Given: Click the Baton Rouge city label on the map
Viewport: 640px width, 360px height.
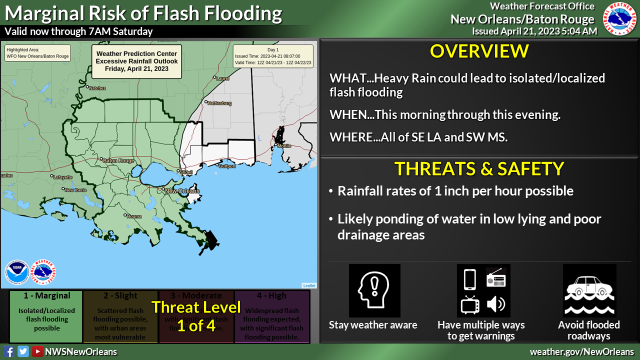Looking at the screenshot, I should [x=118, y=161].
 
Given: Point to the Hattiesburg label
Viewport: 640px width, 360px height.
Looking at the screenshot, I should [x=220, y=103].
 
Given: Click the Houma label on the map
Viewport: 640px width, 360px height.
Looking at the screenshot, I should [x=134, y=216].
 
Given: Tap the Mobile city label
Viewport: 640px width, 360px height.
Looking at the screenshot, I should [x=283, y=146].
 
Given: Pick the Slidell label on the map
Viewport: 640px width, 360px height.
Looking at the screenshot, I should [x=186, y=172].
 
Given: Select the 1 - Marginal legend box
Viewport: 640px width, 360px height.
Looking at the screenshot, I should [x=46, y=316].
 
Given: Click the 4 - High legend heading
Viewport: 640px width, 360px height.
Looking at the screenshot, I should [x=272, y=296].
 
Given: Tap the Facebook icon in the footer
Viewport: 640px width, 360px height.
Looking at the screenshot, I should [x=8, y=351].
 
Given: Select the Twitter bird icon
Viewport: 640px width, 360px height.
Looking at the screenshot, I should [x=23, y=351].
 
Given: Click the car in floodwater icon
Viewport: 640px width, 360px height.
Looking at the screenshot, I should [x=589, y=290].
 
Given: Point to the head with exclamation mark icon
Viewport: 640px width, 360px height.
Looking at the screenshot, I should [x=374, y=290].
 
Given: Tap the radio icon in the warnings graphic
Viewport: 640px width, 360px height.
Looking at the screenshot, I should [x=496, y=278].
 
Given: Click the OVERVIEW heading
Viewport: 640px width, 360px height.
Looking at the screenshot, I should [x=479, y=51].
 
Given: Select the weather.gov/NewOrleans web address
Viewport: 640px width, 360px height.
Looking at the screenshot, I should [x=581, y=351].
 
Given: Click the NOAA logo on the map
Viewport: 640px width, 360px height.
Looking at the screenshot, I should [x=16, y=272].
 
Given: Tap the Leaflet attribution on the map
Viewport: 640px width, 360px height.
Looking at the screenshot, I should [x=309, y=285].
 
